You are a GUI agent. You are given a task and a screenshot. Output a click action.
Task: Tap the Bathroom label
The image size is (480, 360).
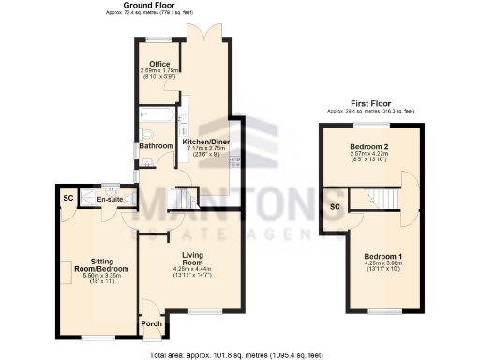click(157, 146)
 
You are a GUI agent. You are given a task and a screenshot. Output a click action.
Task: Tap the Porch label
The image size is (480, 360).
click(151, 325)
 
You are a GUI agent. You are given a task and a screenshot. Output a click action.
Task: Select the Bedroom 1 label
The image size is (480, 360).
click(382, 257)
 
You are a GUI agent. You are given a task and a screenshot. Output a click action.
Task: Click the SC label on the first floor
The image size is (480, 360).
click(335, 206)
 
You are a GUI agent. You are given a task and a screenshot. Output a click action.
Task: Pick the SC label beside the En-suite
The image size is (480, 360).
click(67, 199)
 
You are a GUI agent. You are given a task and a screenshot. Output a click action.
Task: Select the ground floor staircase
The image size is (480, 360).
click(183, 199)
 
